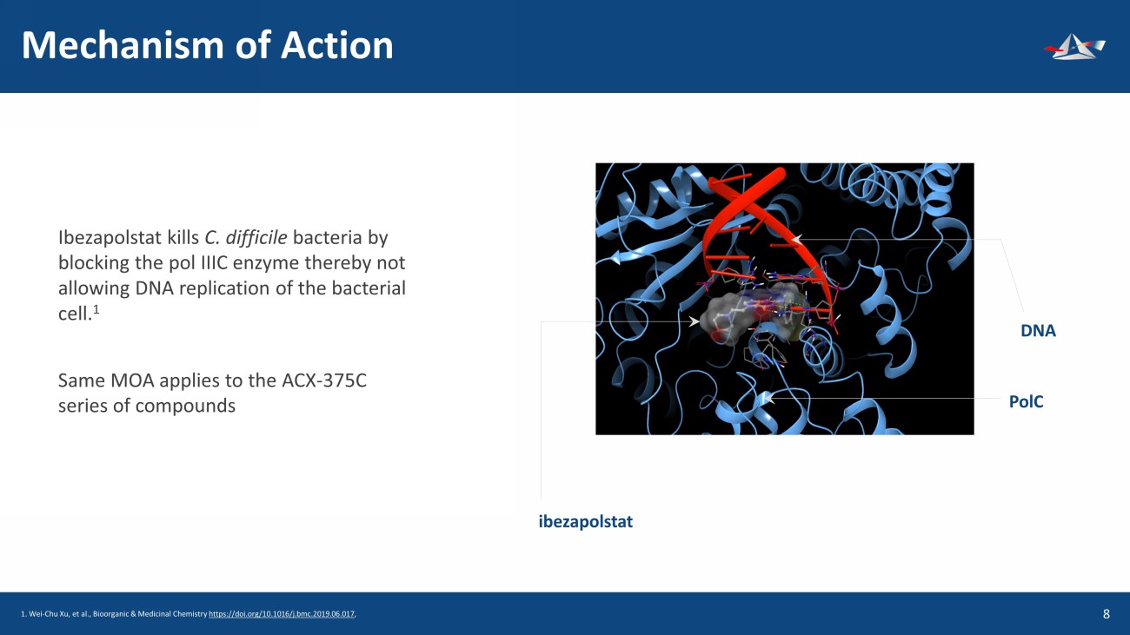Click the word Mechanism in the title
pos(122,45)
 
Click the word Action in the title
pos(337,45)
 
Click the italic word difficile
pos(256,237)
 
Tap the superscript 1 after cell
pos(96,309)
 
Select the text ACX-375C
pos(324,380)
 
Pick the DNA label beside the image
pos(1038,331)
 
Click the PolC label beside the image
pos(1026,401)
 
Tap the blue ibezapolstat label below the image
pos(585,521)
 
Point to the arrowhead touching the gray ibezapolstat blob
pos(695,321)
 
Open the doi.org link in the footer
pos(282,614)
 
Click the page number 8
pos(1106,614)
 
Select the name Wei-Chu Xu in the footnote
pos(44,614)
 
